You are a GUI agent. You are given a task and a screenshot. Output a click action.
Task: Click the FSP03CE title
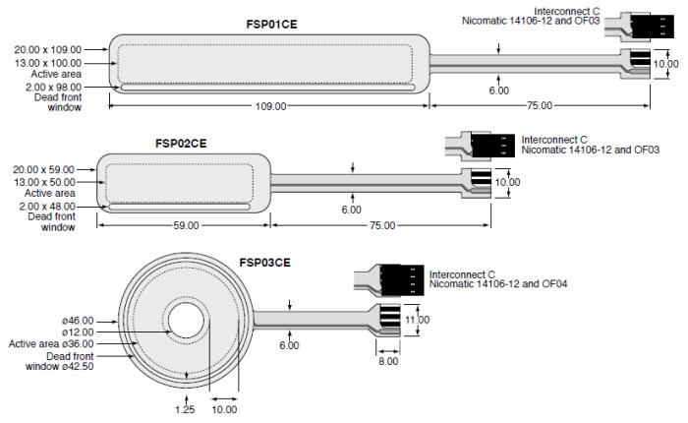[265, 263]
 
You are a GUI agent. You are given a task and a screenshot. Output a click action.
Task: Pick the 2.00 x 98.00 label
[47, 87]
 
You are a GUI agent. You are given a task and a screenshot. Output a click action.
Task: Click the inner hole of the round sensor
[186, 325]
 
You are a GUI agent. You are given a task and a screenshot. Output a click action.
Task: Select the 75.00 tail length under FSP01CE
[539, 105]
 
